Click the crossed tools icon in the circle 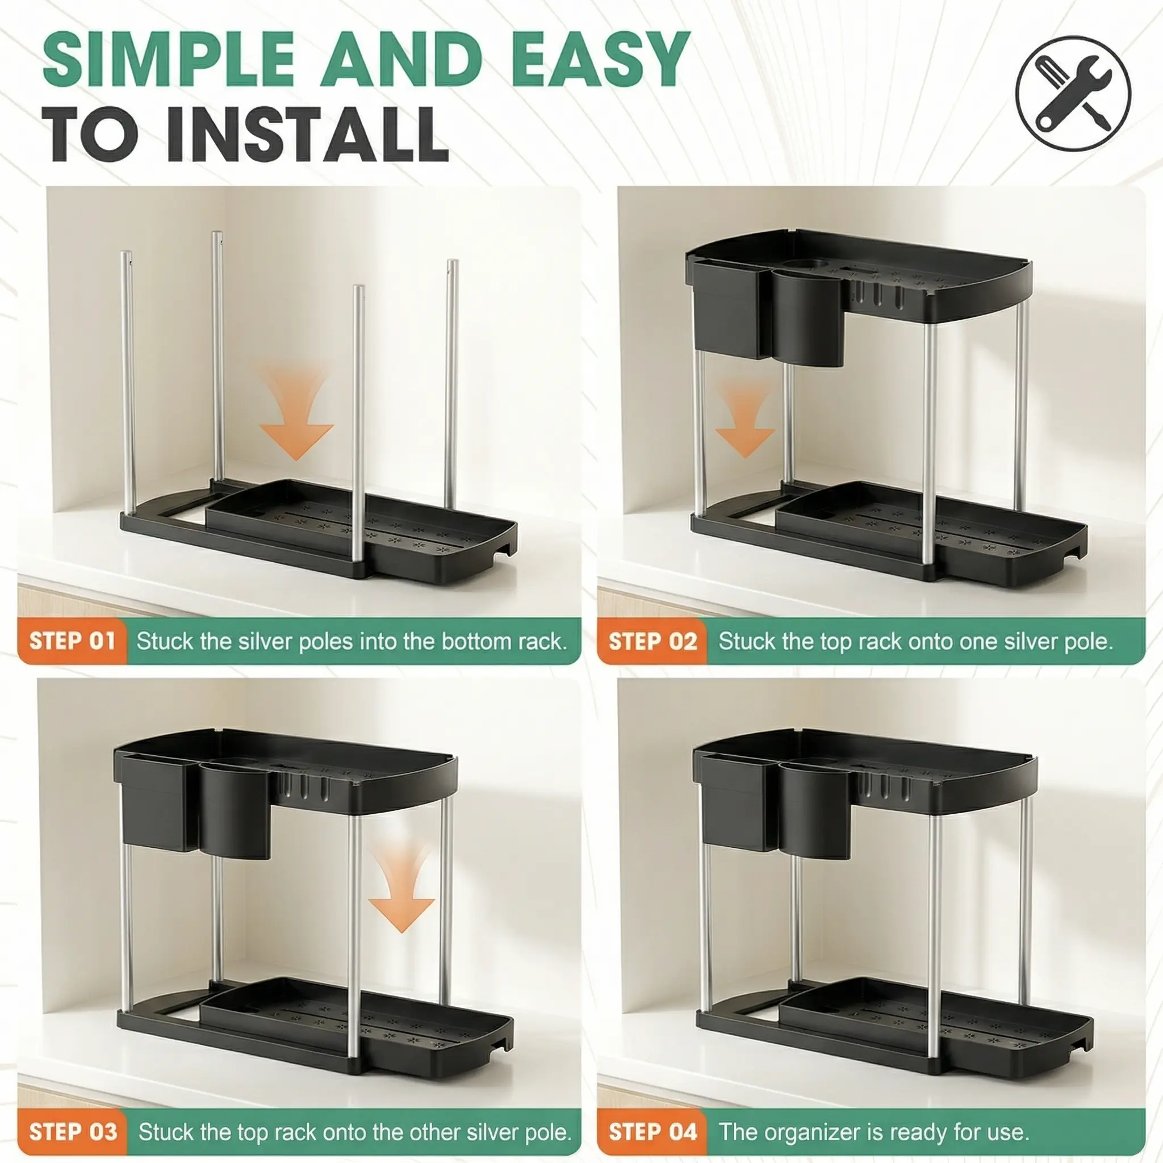(1073, 93)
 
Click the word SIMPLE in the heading (169, 60)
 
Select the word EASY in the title (599, 60)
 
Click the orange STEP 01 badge (72, 641)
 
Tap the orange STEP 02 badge (652, 641)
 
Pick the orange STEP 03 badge (73, 1132)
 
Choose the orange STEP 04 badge (652, 1132)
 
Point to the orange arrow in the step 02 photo (744, 418)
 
